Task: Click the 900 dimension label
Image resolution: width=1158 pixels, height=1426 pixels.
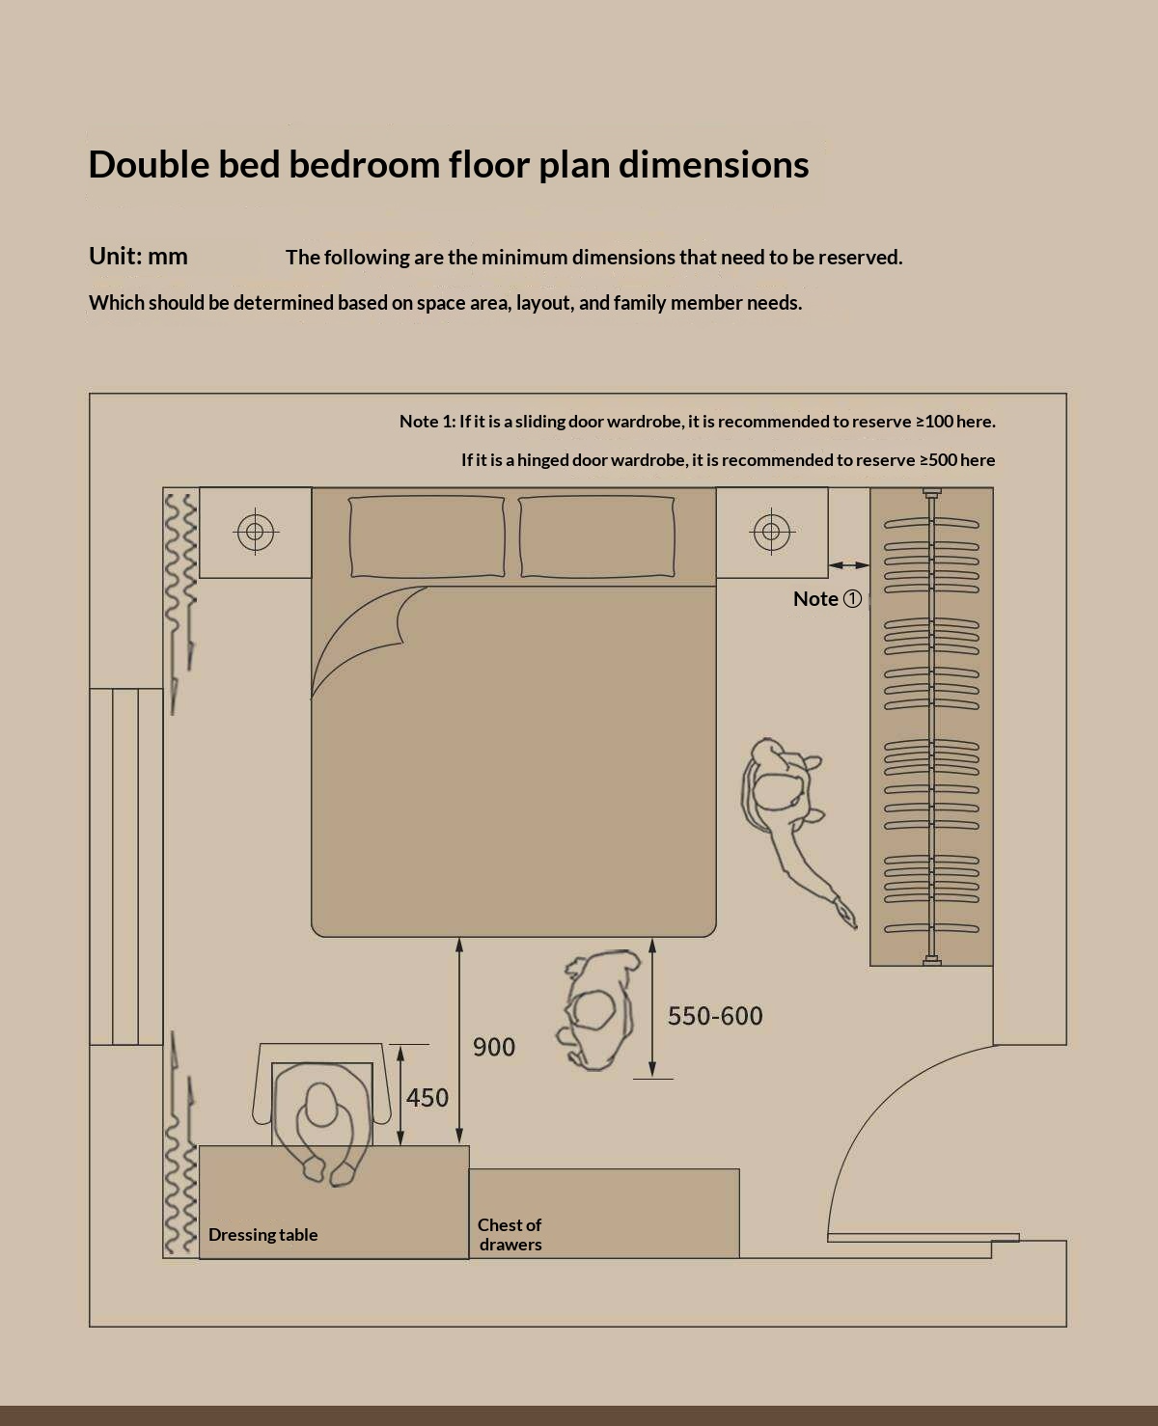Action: pos(494,1047)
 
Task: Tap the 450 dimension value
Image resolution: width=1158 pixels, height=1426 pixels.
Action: pos(427,1098)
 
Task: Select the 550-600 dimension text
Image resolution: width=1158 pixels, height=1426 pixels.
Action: pos(715,1016)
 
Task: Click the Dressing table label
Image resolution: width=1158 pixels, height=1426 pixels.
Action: pos(263,1235)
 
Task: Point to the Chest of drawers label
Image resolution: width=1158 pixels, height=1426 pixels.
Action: pos(510,1235)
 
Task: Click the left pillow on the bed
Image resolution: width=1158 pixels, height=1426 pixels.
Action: pos(427,536)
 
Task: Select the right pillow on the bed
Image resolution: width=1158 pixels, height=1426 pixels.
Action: pos(596,536)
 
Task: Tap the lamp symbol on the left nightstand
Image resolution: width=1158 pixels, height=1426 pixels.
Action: pos(255,532)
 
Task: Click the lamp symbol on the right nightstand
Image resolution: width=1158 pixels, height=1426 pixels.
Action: pos(771,532)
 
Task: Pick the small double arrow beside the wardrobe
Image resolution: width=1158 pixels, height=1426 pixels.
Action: pos(849,565)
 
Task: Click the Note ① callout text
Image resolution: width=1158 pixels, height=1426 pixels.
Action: pos(827,598)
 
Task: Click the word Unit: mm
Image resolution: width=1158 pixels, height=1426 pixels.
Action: pos(138,257)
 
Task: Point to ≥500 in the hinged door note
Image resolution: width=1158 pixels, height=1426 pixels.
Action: pos(940,460)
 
